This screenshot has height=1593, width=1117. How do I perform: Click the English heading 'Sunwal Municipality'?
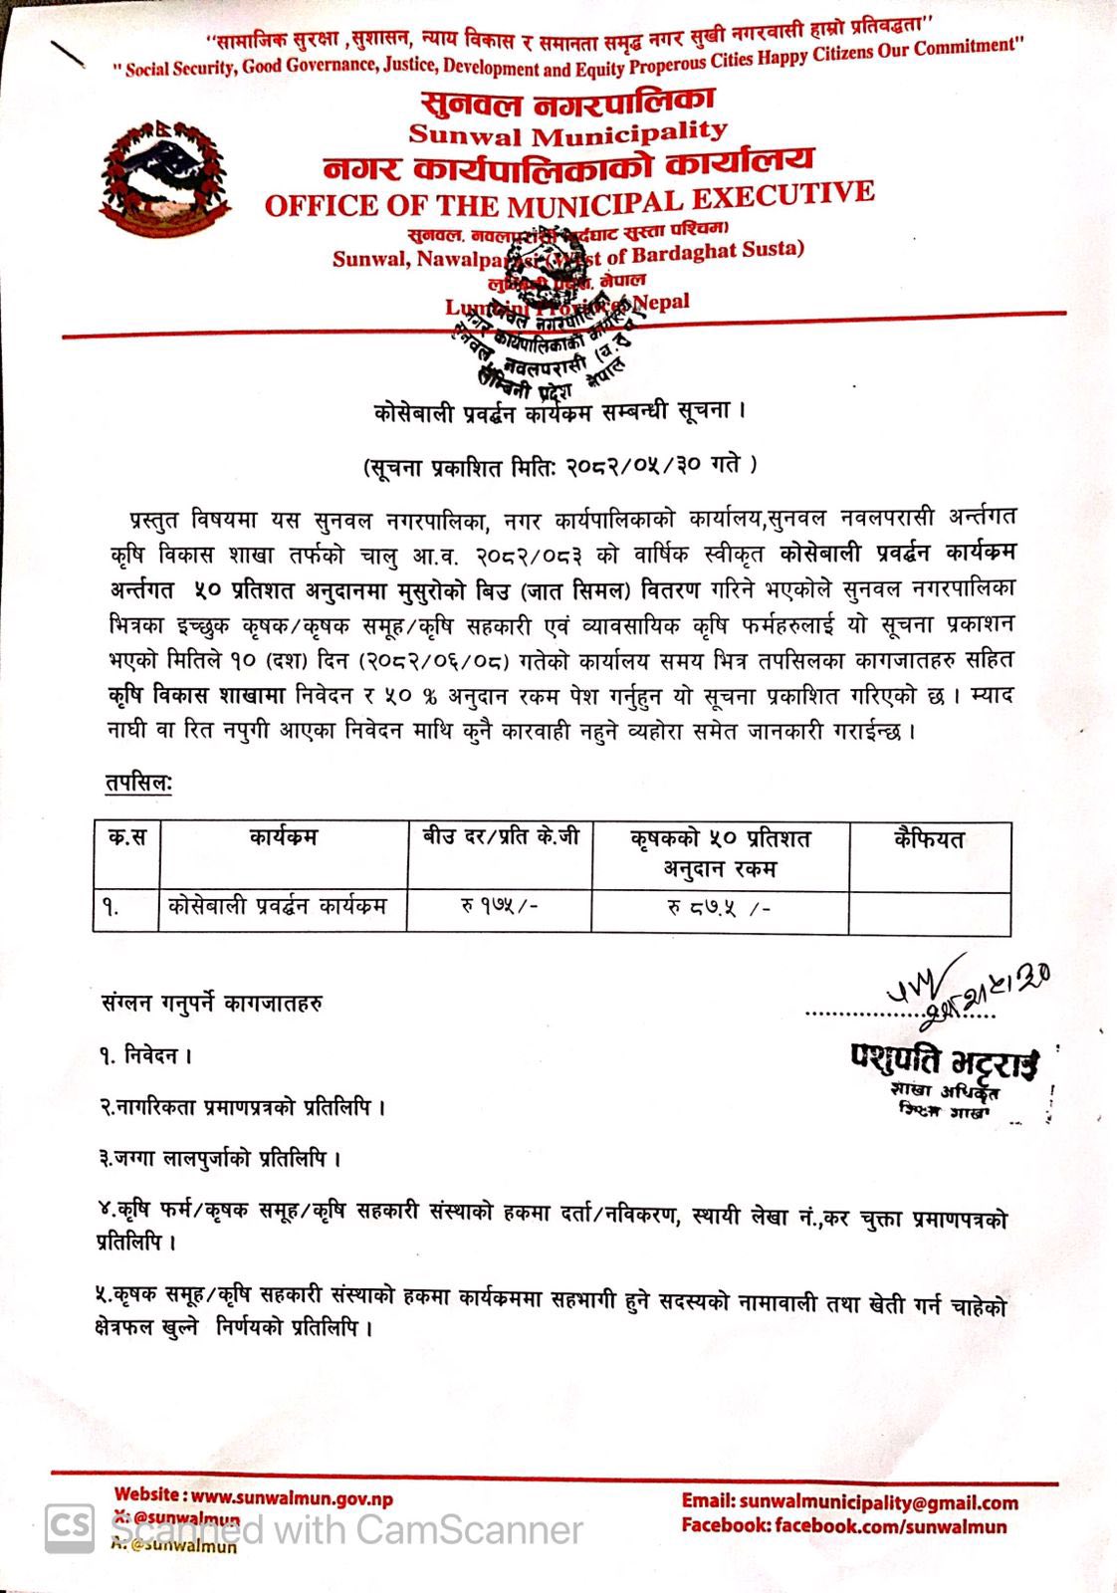568,132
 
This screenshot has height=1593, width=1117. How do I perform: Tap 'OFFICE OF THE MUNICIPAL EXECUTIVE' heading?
569,199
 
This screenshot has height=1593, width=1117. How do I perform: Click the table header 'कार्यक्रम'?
283,838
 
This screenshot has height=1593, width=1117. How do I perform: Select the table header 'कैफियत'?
929,839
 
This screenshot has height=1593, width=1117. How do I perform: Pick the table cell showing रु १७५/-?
499,908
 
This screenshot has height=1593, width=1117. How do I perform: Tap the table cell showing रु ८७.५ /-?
719,909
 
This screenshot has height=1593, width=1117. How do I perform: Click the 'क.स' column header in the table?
126,838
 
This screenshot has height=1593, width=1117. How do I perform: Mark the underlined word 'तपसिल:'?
138,784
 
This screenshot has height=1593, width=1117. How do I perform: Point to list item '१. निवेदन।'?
145,1055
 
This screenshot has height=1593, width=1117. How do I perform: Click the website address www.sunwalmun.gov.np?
292,1497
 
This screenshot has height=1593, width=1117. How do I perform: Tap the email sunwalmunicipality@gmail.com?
879,1502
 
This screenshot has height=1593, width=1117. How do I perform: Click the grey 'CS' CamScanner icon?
70,1528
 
